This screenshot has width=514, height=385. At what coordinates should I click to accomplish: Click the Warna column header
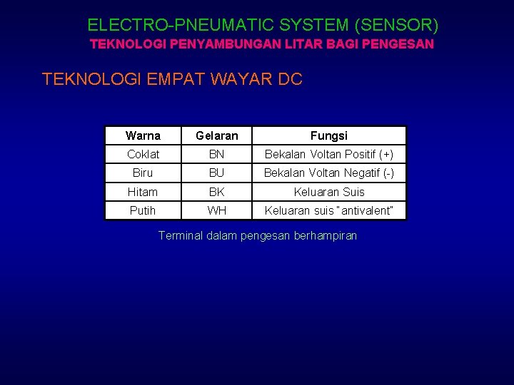(x=143, y=135)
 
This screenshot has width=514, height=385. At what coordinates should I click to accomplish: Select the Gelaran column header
(x=217, y=135)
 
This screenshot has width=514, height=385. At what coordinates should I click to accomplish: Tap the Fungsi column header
(x=329, y=135)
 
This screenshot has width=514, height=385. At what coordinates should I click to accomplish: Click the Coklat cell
(x=143, y=155)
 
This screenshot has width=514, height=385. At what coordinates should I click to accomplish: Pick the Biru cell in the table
(x=143, y=173)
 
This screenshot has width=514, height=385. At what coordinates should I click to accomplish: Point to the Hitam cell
(x=143, y=192)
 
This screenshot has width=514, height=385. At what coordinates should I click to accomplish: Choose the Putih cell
(x=143, y=210)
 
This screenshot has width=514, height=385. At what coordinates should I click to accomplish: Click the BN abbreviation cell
(x=217, y=155)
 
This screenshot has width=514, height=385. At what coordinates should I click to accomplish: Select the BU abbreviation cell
(x=217, y=173)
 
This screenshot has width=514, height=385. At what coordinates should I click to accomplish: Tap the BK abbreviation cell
(x=217, y=192)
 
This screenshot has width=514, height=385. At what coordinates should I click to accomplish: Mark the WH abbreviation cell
(x=217, y=210)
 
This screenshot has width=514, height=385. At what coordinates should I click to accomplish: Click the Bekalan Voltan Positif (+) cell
(x=329, y=155)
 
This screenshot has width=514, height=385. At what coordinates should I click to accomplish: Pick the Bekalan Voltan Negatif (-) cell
(x=329, y=173)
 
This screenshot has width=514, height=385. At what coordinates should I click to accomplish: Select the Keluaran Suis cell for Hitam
(x=329, y=192)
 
